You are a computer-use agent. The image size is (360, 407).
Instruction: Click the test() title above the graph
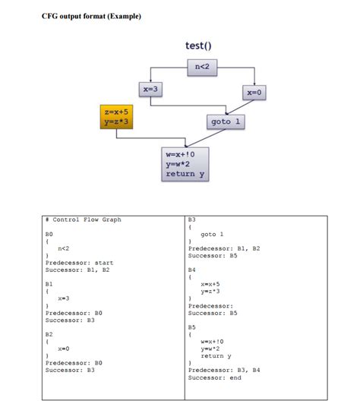tap(198, 46)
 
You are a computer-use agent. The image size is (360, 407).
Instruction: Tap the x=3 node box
tap(150, 90)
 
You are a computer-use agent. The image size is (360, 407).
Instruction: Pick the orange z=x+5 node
tap(117, 116)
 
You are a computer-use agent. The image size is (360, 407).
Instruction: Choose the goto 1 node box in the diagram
tap(226, 121)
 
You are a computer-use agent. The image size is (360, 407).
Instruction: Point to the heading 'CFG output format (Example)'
tap(91, 16)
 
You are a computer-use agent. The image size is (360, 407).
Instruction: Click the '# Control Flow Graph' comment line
tap(84, 220)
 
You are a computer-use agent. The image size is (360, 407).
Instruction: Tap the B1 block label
tap(50, 283)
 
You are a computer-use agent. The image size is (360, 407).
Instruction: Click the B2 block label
tap(50, 333)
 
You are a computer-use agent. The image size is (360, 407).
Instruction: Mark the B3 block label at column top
tap(192, 220)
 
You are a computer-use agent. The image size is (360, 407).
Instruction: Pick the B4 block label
tap(192, 270)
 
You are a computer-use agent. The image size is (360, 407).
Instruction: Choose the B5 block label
tap(192, 327)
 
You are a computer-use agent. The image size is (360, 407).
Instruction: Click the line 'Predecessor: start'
tap(79, 263)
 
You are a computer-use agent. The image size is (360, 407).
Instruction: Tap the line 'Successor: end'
tap(214, 377)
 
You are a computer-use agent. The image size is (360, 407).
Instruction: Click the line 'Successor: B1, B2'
tap(78, 270)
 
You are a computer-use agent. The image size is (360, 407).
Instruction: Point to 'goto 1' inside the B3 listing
tap(212, 234)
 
